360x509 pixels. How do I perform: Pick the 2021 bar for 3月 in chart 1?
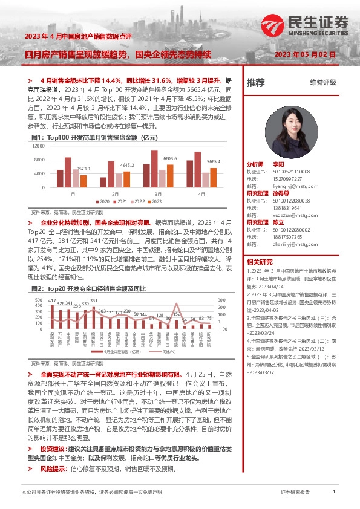pos(155,169)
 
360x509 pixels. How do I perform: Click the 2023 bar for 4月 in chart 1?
pos(213,178)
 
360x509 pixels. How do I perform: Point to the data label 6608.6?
pos(172,158)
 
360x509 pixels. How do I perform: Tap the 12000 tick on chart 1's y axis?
pos(40,147)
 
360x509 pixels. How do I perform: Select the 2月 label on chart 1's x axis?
pos(114,193)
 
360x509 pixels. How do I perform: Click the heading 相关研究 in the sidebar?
pos(259,261)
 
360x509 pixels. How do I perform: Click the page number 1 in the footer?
pos(334,493)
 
